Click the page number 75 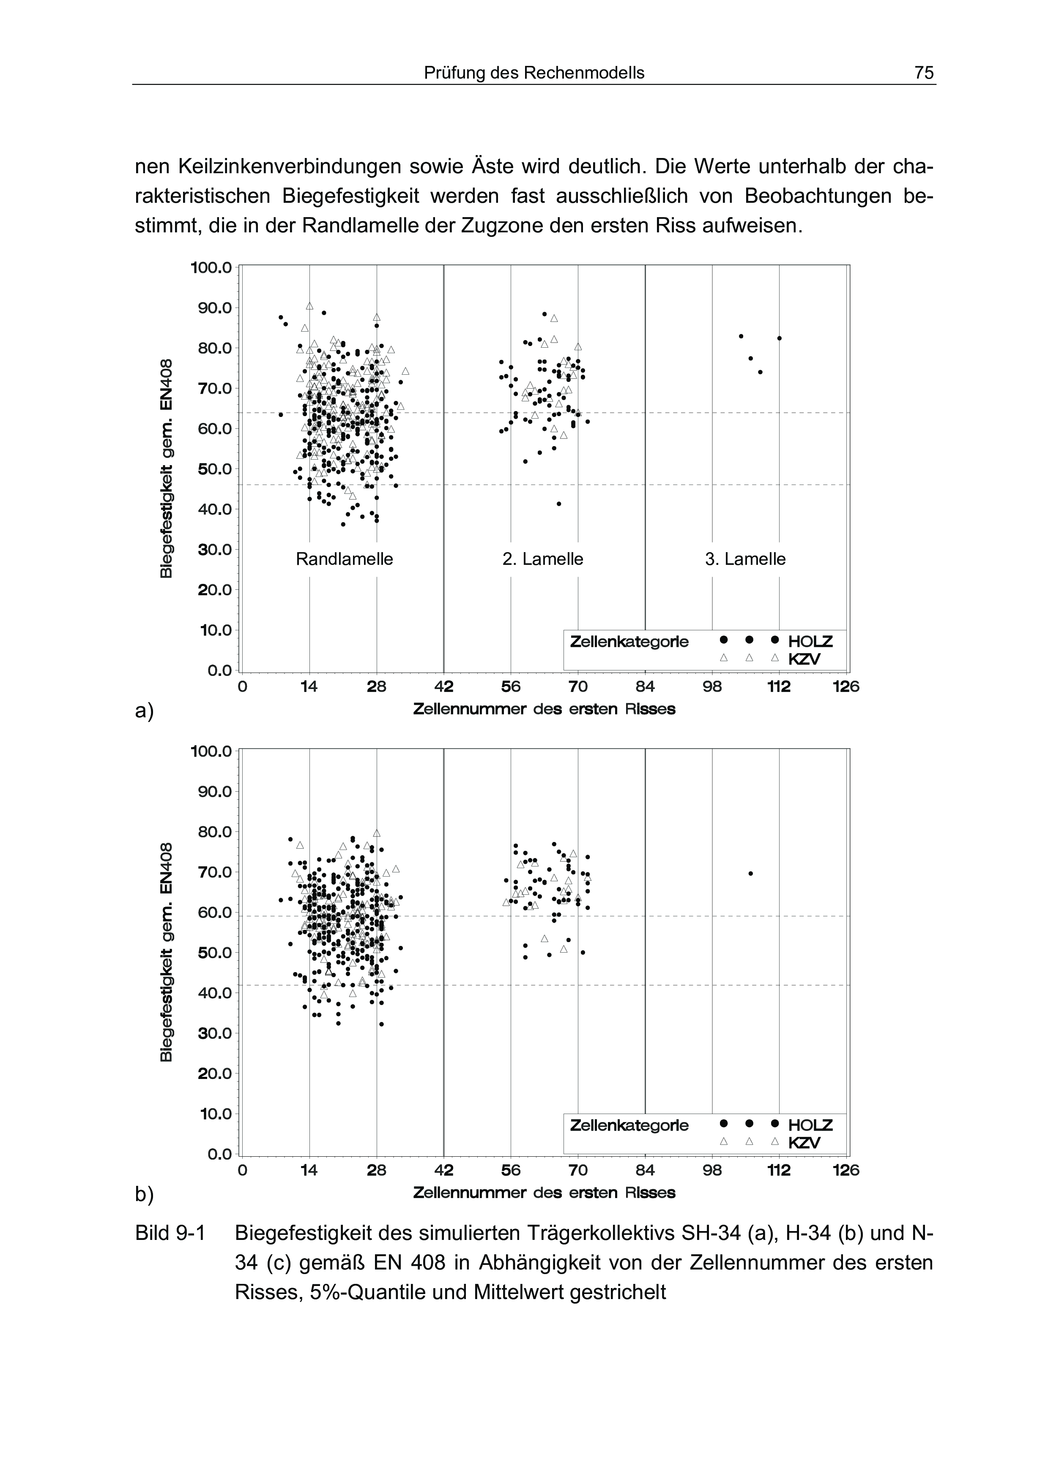click(923, 73)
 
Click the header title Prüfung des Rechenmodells click(534, 73)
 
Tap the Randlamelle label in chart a click(344, 559)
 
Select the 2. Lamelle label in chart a click(542, 559)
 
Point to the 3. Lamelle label click(745, 559)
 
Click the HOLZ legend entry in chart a click(810, 642)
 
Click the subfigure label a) click(144, 711)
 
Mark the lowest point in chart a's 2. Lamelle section click(558, 504)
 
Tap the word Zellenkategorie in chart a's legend click(629, 642)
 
